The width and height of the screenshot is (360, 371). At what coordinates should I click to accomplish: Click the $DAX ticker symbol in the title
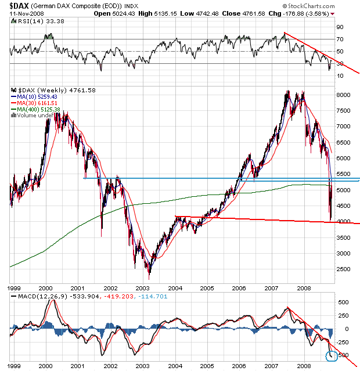pyautogui.click(x=13, y=5)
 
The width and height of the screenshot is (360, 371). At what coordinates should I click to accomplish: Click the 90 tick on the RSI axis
pyautogui.click(x=340, y=27)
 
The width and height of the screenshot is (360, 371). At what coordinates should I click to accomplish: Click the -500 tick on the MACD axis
pyautogui.click(x=343, y=355)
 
